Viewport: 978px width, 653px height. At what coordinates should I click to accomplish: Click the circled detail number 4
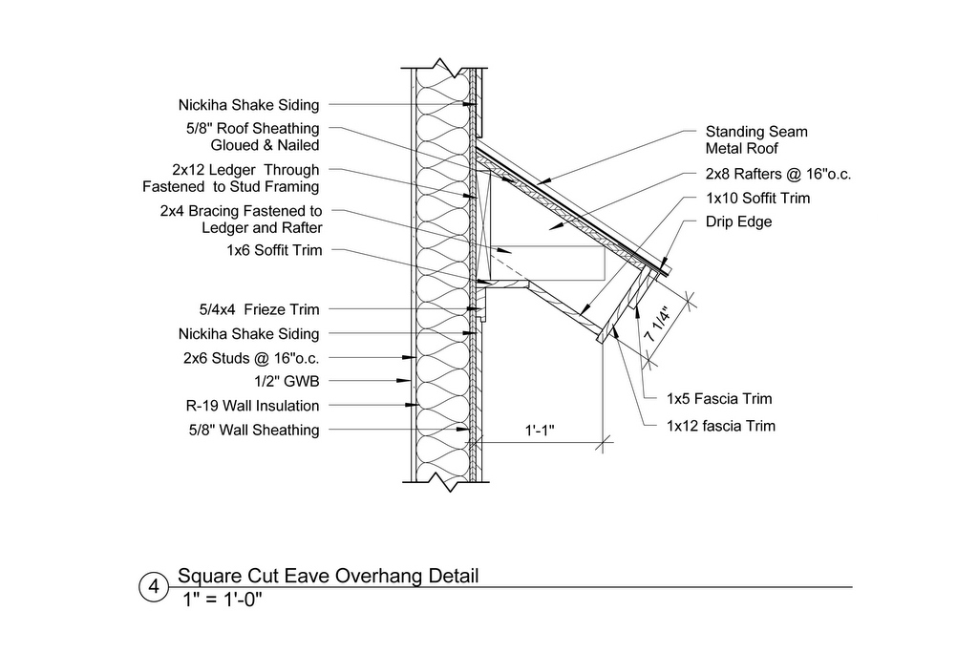(x=153, y=587)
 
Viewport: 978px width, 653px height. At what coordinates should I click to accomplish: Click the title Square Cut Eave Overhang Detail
(x=329, y=576)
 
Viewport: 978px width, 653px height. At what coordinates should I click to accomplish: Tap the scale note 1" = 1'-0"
(x=222, y=600)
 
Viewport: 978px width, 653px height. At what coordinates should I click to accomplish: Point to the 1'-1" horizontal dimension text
(x=540, y=431)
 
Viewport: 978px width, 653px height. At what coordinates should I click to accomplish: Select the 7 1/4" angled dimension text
(x=657, y=324)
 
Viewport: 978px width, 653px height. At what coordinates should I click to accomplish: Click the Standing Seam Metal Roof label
(x=756, y=139)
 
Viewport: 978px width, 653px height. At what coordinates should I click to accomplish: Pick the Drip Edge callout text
(x=738, y=221)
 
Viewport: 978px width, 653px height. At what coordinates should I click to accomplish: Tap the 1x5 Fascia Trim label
(x=719, y=398)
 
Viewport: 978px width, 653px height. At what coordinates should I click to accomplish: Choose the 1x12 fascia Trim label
(x=721, y=426)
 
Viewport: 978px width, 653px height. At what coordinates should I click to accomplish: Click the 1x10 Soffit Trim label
(x=757, y=199)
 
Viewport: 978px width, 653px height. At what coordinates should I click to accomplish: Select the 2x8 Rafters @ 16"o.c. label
(x=778, y=174)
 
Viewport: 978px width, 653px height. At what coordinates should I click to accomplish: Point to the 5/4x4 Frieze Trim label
(x=259, y=309)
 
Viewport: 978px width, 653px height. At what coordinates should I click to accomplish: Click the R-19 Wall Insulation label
(x=252, y=406)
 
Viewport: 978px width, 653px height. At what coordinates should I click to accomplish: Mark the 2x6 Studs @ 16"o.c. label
(x=251, y=358)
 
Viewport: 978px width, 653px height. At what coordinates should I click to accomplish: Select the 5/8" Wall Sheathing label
(x=254, y=431)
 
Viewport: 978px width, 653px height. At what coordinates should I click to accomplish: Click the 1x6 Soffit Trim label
(x=274, y=250)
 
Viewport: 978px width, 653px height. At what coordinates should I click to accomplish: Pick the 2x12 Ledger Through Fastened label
(x=231, y=179)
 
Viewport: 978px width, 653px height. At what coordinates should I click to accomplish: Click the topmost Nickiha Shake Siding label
(x=249, y=105)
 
